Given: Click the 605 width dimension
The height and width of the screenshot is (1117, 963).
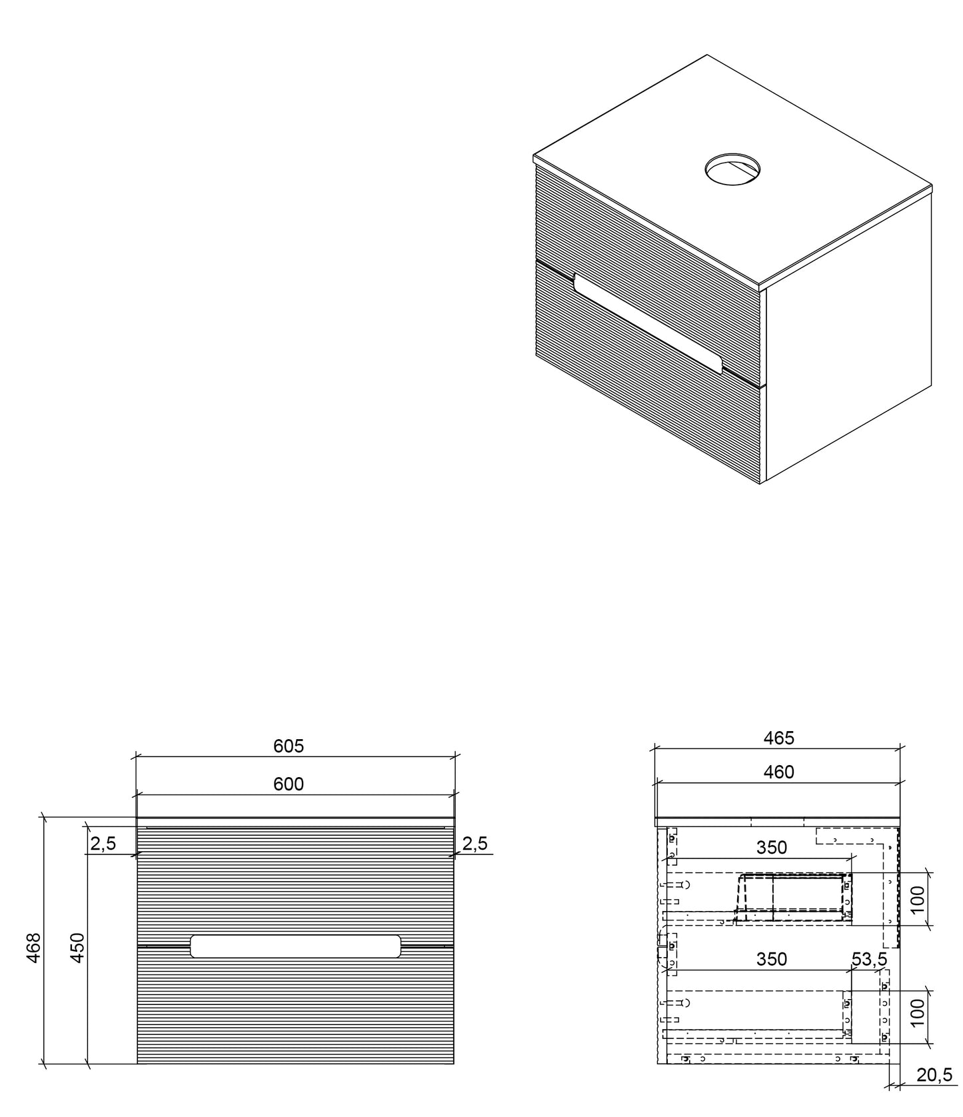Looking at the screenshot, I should click(289, 746).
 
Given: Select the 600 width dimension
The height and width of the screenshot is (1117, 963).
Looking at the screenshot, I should click(289, 784).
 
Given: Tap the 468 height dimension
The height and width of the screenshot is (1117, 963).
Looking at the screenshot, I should click(33, 946).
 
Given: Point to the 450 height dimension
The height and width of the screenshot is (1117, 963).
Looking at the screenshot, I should click(77, 946).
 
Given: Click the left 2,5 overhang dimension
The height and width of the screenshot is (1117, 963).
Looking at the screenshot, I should click(103, 843).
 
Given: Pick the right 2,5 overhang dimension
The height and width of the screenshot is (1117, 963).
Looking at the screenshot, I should click(475, 843).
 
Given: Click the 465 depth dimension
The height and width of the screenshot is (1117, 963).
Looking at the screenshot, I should click(778, 738).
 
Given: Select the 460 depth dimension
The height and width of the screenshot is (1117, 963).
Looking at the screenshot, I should click(778, 772).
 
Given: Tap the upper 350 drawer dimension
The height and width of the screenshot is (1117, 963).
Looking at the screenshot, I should click(772, 847).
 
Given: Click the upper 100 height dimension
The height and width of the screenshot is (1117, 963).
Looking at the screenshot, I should click(918, 900).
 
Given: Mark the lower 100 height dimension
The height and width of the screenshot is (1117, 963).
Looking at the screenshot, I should click(918, 1012).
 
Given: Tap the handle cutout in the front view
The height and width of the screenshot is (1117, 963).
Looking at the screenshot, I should click(295, 946).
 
